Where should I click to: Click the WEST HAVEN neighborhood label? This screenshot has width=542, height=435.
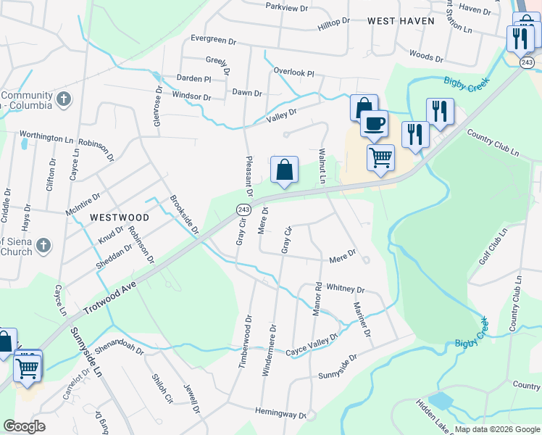point(401,21)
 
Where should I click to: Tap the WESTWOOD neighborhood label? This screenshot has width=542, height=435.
point(120,217)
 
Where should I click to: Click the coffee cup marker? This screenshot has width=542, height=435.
point(373,124)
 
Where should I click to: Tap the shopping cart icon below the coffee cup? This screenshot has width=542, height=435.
point(381,157)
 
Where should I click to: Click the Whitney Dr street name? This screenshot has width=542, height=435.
point(345,288)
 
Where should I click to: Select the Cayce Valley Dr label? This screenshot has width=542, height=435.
point(312,344)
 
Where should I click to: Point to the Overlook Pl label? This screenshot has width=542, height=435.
point(293,72)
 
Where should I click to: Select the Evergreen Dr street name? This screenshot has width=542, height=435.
point(214,39)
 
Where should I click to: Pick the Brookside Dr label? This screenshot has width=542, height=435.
point(185,215)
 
